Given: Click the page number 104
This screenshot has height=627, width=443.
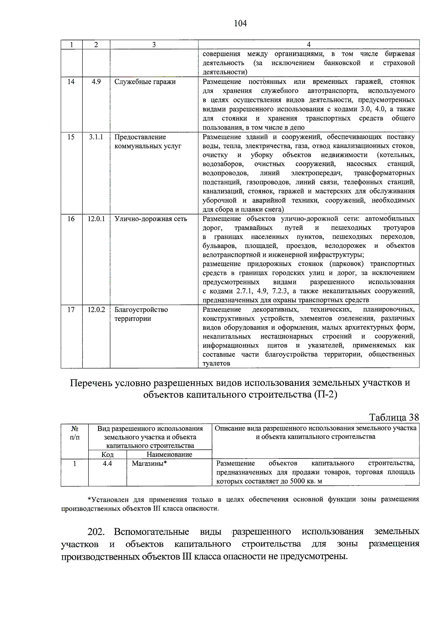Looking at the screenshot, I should point(240,24).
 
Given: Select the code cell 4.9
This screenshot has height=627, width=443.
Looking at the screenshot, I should point(96,82).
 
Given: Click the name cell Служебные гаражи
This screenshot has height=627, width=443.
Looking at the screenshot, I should point(145,82).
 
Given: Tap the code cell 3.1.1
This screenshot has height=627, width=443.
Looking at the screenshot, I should point(96,137).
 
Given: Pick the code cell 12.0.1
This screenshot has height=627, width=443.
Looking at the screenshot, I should point(96,219).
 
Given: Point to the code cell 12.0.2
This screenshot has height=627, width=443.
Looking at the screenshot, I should point(96,310).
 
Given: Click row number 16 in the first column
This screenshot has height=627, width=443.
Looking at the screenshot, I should point(71,219).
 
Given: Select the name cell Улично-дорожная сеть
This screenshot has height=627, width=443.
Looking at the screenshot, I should point(151,219).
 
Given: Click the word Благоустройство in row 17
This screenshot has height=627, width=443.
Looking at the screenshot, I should point(141,310).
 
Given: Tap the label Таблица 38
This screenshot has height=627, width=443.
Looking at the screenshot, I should point(394,417).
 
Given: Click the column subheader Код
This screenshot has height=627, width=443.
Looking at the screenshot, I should point(107,454).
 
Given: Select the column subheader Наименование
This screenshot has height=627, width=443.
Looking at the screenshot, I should point(169,454).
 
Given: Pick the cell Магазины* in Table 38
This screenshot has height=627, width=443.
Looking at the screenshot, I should point(149,463).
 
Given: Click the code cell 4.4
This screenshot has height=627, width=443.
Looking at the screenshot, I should point(107,463).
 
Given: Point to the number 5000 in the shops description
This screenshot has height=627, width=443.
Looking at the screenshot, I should point(298,481).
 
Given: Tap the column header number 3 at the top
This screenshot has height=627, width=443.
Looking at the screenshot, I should point(154,45).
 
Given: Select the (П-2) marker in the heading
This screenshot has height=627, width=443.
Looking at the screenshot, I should point(326,395).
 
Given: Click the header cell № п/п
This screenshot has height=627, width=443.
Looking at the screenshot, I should point(75,433).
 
